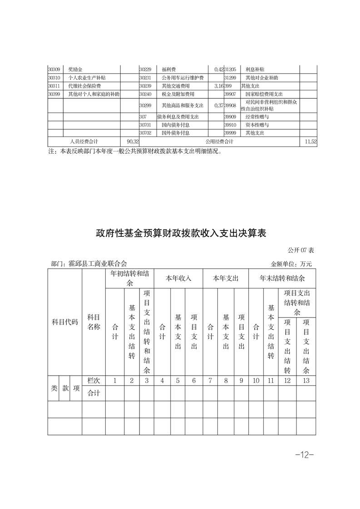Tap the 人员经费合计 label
(x=84, y=142)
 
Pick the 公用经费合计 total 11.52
(x=311, y=142)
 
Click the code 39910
(x=231, y=125)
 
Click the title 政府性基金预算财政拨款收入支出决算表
(x=180, y=233)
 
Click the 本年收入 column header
(x=178, y=278)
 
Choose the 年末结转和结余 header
(x=282, y=278)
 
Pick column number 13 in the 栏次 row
(x=306, y=381)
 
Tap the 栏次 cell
(x=94, y=381)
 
